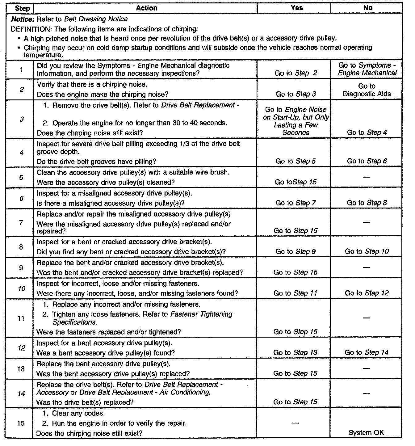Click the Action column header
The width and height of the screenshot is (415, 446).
(x=146, y=8)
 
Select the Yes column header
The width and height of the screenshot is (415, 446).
(x=296, y=8)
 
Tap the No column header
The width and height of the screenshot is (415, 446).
(x=367, y=8)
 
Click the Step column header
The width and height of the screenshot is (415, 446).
(x=22, y=8)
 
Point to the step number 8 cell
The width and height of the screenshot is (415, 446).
(x=21, y=247)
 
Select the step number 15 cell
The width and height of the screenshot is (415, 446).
(x=21, y=423)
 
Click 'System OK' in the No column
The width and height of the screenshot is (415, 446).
(x=366, y=433)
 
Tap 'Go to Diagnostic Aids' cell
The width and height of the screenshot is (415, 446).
(x=367, y=90)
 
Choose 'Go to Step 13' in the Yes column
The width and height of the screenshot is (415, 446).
(x=296, y=352)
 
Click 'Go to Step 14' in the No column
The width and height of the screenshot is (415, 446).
(x=367, y=352)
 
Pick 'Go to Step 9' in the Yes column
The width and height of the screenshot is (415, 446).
(x=296, y=251)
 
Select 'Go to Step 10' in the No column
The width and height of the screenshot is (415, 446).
(x=367, y=251)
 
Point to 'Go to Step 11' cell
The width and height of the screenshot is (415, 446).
(x=296, y=293)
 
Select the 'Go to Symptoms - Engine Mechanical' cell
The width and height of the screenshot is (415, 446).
(x=367, y=69)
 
